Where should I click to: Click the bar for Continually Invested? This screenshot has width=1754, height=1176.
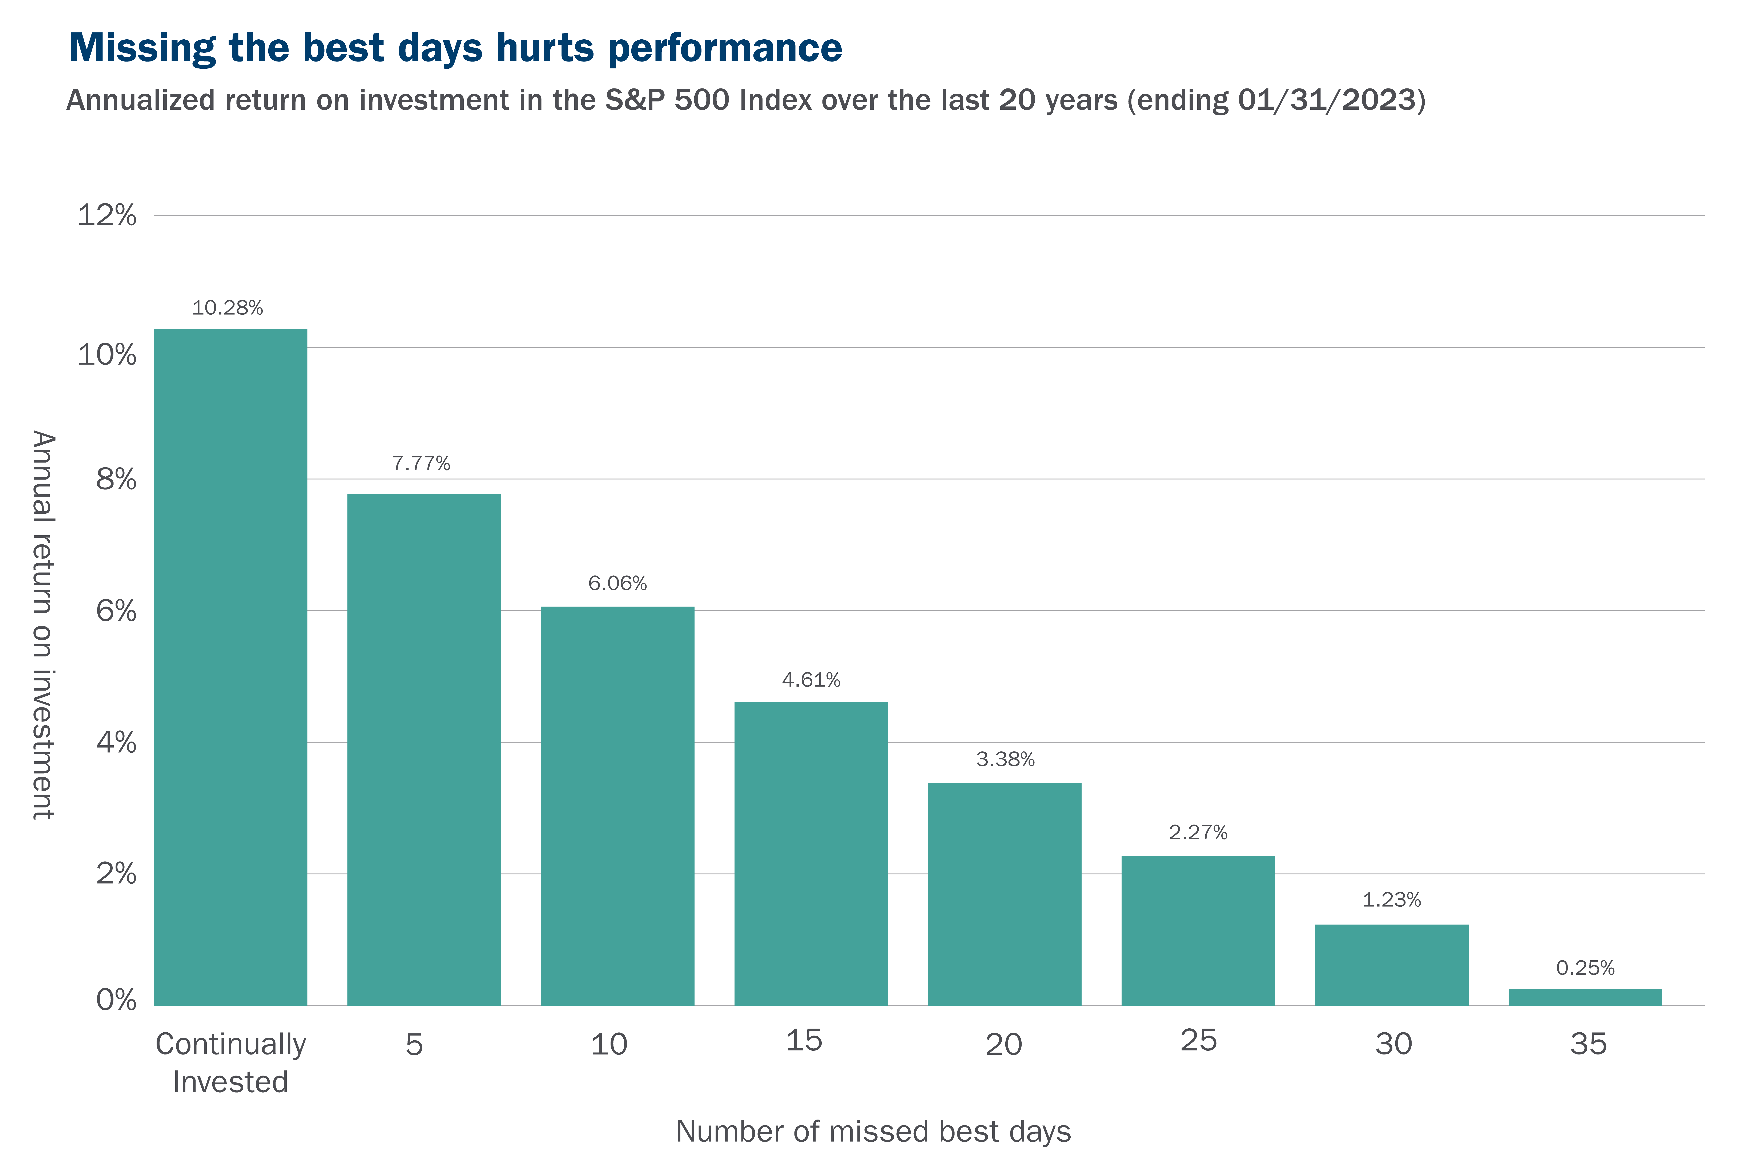pos(230,667)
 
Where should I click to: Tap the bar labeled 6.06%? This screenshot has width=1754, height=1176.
pos(618,806)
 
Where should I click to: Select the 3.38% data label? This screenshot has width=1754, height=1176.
pos(1005,759)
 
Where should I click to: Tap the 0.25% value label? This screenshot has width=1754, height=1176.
pos(1585,968)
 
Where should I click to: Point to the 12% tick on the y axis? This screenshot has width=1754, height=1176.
pos(107,215)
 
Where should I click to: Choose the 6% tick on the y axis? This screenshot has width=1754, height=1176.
pos(116,611)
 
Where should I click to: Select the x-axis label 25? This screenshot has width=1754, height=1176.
pos(1199,1040)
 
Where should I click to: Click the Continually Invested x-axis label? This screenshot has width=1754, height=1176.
pos(231,1063)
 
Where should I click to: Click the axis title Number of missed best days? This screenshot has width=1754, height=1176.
pos(873,1131)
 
